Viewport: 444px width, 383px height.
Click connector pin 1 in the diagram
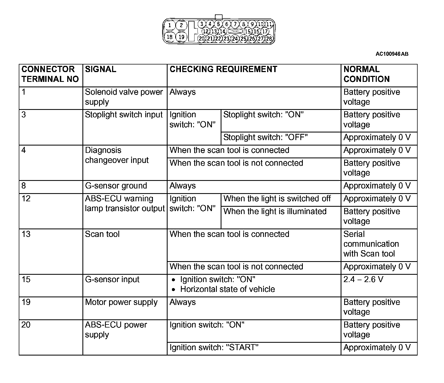pos(170,26)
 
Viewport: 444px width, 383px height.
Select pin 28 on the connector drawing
pos(269,39)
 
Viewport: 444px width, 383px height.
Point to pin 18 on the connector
pos(170,37)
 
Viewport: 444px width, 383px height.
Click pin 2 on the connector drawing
pos(181,26)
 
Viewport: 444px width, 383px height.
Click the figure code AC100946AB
pos(392,54)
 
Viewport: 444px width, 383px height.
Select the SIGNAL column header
pos(101,69)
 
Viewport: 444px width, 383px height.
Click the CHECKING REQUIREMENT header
pos(223,69)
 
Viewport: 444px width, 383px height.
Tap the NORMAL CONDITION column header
pos(366,74)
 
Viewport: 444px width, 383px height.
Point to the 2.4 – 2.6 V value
pos(363,279)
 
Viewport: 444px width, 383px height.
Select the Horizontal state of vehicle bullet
pos(227,289)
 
